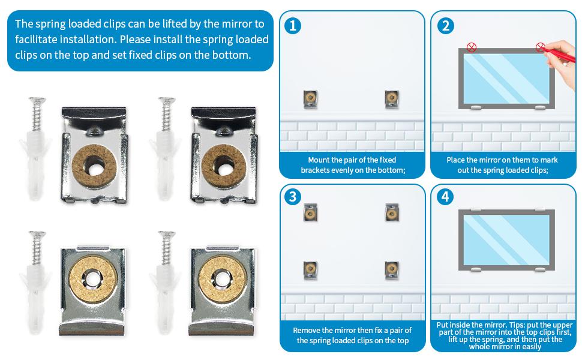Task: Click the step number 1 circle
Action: coord(292,26)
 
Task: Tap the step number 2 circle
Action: coord(445,26)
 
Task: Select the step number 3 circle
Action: coord(292,197)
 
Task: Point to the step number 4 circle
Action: coord(445,197)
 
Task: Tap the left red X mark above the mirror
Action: coord(472,47)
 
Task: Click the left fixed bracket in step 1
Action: coord(310,99)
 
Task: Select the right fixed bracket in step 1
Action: coord(392,99)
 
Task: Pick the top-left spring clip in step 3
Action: coord(310,212)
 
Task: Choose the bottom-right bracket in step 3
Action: coord(392,270)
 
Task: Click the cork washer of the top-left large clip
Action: coord(94,166)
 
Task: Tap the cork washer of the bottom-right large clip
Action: coord(223,279)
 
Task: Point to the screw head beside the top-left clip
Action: coord(37,100)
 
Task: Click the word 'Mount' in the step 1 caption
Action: coord(319,160)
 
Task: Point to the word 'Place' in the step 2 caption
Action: coord(455,160)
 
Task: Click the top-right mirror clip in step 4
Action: coord(540,210)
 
